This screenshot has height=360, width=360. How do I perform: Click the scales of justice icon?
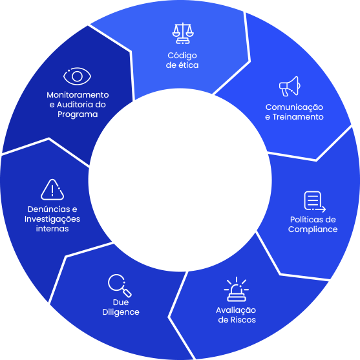tap(183, 34)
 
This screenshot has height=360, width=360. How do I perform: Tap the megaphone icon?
tap(290, 87)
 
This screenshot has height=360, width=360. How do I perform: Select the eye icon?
tap(77, 76)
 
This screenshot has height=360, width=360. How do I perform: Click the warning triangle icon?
tap(52, 189)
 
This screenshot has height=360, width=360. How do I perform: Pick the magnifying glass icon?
tap(120, 286)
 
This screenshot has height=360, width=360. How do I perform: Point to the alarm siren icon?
tap(237, 290)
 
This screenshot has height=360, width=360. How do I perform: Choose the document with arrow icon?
tap(315, 202)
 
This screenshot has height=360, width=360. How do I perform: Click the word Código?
tap(182, 56)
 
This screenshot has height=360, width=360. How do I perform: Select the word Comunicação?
tap(294, 107)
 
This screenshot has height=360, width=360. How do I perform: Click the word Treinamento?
tap(298, 117)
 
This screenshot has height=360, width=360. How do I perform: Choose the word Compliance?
tap(313, 229)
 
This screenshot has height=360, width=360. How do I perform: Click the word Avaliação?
tap(236, 310)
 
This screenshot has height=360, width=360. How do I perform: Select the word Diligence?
tap(121, 312)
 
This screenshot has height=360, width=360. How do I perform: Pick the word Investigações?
tap(52, 219)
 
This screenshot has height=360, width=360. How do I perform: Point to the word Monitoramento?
tap(78, 95)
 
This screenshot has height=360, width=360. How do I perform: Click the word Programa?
tap(78, 114)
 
